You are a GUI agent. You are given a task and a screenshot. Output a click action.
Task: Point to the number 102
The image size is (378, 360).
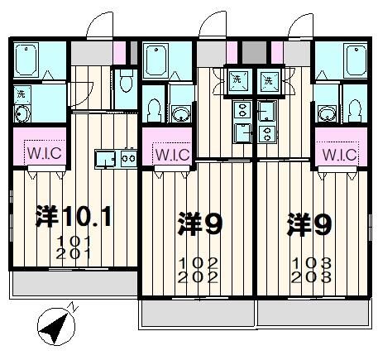coord(198,264)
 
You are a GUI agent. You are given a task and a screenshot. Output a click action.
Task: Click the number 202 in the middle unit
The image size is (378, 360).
coord(198,278)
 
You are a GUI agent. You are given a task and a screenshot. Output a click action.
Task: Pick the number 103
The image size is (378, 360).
coord(311,264)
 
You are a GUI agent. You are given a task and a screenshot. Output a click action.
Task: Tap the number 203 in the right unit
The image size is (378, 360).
coord(311,278)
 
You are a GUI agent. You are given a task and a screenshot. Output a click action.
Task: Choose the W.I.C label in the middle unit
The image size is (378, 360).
coord(170,154)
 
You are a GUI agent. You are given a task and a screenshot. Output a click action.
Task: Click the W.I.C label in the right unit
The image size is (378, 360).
coord(339,154)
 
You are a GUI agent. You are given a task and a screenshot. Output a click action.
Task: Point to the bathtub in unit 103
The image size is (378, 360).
coord(341,60)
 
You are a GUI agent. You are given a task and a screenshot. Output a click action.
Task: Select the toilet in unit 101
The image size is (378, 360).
coord(125,81)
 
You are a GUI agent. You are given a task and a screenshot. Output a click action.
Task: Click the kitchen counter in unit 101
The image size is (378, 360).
coord(115,156)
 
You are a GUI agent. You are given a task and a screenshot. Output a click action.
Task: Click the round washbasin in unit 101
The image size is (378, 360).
coord(22,114)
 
